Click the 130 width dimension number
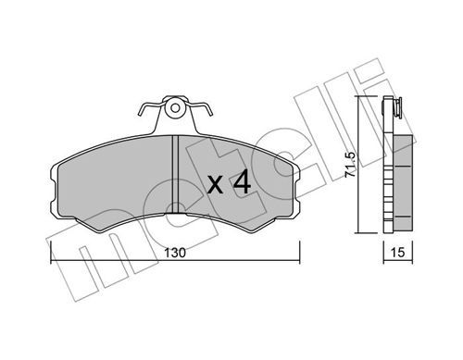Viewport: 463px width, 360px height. coord(175,253)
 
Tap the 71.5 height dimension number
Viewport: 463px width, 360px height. coord(350,165)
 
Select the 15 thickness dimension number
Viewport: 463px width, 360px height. coord(397,253)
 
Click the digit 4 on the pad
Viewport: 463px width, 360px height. coord(242,183)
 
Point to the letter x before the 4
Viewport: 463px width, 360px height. coord(215,185)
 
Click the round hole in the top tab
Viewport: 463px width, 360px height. coord(175,108)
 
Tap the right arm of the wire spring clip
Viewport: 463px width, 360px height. coord(200,108)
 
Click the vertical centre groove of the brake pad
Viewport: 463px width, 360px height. coord(175,174)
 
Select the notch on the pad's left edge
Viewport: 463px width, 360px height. coord(52,192)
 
